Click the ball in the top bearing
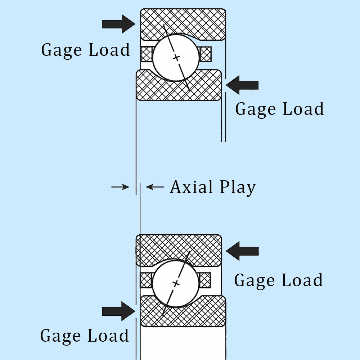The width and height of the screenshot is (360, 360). pyautogui.click(x=175, y=58)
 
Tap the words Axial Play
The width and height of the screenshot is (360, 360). pyautogui.click(x=213, y=187)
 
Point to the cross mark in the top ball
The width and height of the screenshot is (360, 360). pyautogui.click(x=176, y=58)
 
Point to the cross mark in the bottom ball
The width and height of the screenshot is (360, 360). pyautogui.click(x=176, y=284)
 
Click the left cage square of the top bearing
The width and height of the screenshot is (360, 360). pyautogui.click(x=147, y=54)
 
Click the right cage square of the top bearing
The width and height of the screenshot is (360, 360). pyautogui.click(x=205, y=54)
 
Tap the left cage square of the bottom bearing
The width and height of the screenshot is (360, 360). pyautogui.click(x=146, y=280)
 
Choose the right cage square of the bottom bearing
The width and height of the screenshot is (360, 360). pyautogui.click(x=205, y=280)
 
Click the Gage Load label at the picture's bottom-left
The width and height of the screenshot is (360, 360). pyautogui.click(x=85, y=336)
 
